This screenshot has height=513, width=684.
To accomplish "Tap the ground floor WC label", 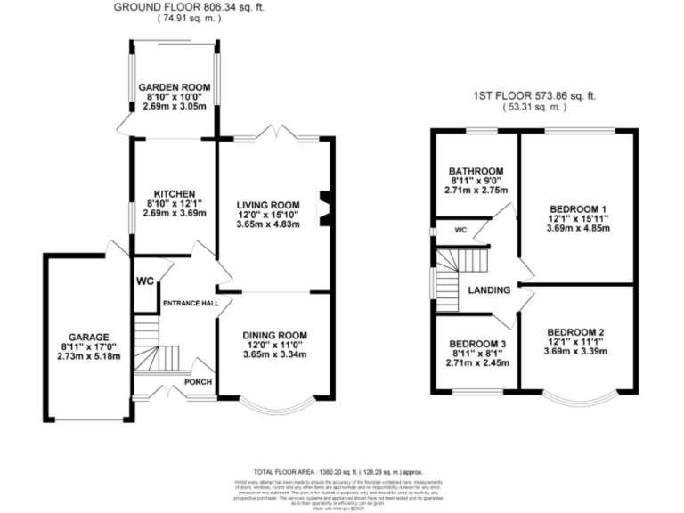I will pos(145,281).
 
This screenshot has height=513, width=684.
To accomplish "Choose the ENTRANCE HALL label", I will pos(190,304).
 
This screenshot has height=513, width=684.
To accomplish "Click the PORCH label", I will pos(197,383).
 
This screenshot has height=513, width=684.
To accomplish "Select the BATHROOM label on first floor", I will pos(476,171).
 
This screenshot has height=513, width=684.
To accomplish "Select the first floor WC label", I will pos(460,231).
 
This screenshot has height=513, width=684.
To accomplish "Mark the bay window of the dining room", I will pos(276,406).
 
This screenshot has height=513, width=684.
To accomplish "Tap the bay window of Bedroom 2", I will pos(580,398).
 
